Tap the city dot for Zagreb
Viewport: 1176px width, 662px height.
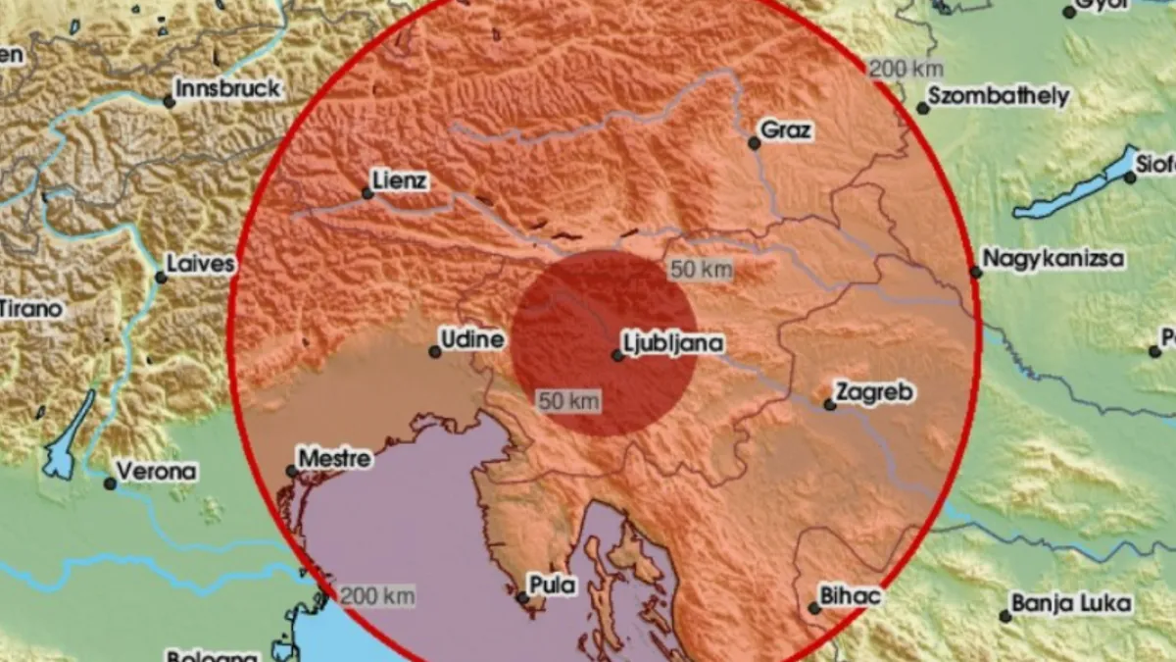pos(830,404)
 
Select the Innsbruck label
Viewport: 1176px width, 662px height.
pos(229,88)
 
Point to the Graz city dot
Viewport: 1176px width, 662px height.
pos(754,143)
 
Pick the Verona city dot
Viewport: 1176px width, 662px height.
pos(111,484)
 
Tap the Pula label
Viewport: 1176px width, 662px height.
pos(552,586)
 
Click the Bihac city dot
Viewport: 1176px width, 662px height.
pos(814,608)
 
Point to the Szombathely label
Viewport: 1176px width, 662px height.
pos(999,97)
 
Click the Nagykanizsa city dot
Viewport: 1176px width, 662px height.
pos(976,273)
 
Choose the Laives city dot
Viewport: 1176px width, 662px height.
pos(161,278)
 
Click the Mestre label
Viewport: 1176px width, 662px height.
pos(334,458)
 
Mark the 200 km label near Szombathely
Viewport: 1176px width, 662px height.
pos(906,69)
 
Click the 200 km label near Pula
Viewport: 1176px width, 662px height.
pos(377,595)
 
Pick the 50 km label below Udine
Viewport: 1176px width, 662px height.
pos(568,400)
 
